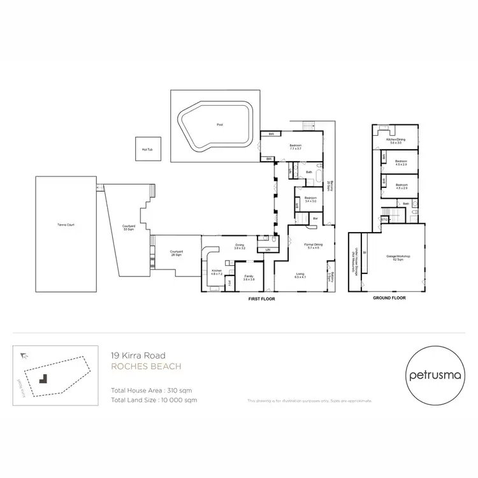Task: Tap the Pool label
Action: click(x=220, y=125)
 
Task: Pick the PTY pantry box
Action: click(x=229, y=282)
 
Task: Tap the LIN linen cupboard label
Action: click(x=268, y=250)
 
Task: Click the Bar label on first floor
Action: click(x=315, y=219)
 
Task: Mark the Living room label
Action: click(x=300, y=275)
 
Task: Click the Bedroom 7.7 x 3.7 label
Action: click(x=295, y=147)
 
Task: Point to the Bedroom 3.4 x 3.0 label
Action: click(x=310, y=199)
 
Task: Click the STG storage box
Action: click(x=384, y=219)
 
